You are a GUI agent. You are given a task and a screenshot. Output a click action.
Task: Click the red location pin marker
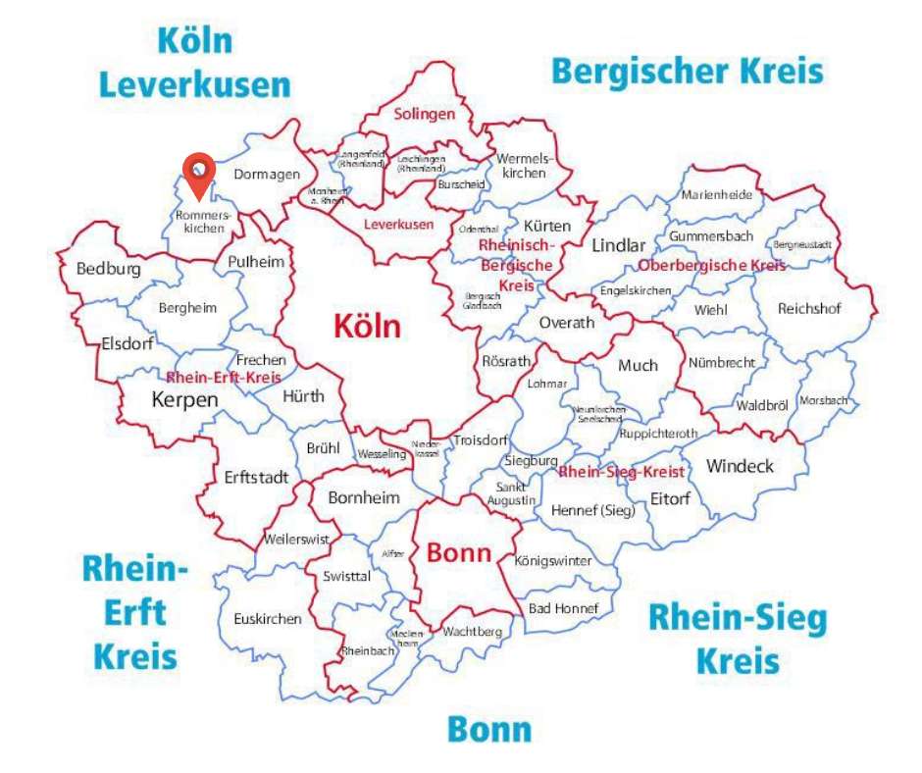pyautogui.click(x=200, y=174)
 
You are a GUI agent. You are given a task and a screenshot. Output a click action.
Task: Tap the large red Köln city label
pyautogui.click(x=368, y=326)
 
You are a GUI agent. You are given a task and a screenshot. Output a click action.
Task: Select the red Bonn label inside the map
pyautogui.click(x=458, y=552)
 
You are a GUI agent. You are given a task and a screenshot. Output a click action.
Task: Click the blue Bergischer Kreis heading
pyautogui.click(x=687, y=72)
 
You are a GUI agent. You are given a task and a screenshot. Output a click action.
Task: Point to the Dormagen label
pyautogui.click(x=267, y=175)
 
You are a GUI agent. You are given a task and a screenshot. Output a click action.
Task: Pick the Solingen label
pyautogui.click(x=425, y=114)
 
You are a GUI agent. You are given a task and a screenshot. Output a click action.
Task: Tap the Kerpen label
pyautogui.click(x=185, y=400)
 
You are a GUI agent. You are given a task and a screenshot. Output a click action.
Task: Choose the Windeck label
pyautogui.click(x=740, y=466)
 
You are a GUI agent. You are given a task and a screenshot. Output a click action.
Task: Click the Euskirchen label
pyautogui.click(x=268, y=619)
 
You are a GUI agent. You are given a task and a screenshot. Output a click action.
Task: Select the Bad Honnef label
pyautogui.click(x=563, y=608)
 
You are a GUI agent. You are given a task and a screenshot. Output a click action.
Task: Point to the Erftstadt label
pyautogui.click(x=256, y=479)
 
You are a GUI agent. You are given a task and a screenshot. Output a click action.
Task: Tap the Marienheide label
pyautogui.click(x=717, y=194)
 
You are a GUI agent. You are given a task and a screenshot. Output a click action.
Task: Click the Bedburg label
pyautogui.click(x=108, y=268)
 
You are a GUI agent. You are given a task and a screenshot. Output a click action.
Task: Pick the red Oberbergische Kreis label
pyautogui.click(x=712, y=266)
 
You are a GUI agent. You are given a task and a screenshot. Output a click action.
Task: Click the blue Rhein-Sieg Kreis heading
pyautogui.click(x=738, y=639)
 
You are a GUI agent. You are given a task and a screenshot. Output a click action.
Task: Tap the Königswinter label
pyautogui.click(x=553, y=561)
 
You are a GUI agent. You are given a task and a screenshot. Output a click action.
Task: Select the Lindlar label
pyautogui.click(x=619, y=245)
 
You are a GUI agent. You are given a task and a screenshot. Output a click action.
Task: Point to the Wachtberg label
pyautogui.click(x=472, y=631)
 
